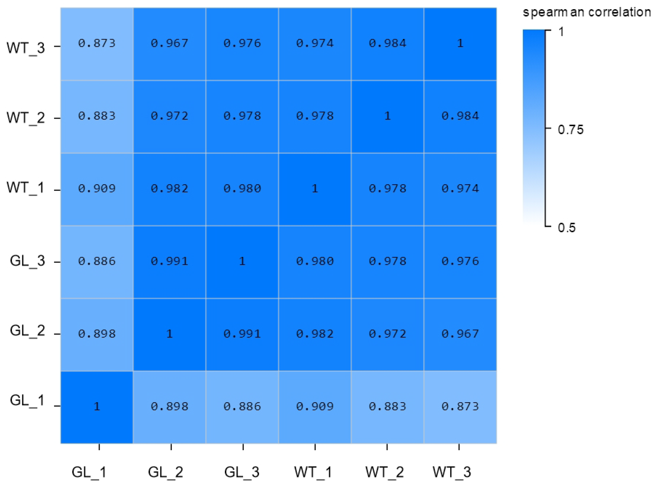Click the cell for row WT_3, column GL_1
click(x=97, y=44)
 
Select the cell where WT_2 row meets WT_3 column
click(x=460, y=116)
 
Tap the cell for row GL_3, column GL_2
click(x=169, y=262)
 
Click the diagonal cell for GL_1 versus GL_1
click(x=97, y=407)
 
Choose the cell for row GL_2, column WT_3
click(x=460, y=334)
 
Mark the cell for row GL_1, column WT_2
click(x=387, y=407)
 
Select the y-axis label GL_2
click(x=27, y=330)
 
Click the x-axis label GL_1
click(x=89, y=472)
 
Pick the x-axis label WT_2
click(x=385, y=472)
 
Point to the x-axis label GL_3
click(x=242, y=472)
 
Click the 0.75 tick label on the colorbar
click(x=570, y=130)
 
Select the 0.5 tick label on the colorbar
click(x=567, y=228)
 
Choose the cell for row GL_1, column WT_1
click(x=314, y=407)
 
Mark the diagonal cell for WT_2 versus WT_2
click(x=387, y=116)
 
